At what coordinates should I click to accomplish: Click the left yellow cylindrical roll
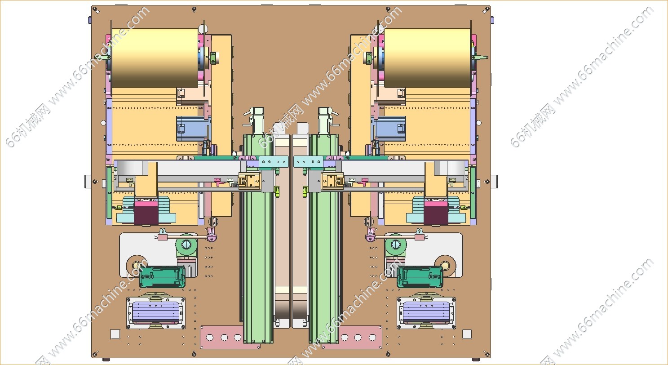tap(155, 58)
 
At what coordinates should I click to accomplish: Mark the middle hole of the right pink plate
tap(358, 337)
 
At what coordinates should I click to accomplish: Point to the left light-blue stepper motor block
tap(191, 128)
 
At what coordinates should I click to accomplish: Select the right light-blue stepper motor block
tap(390, 128)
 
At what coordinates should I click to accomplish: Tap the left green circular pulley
tap(186, 245)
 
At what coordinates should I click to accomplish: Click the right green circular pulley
tap(396, 245)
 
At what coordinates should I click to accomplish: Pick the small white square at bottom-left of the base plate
tap(115, 334)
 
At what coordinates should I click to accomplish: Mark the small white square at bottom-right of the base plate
tap(467, 334)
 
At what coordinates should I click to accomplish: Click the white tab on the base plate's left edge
tap(88, 182)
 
